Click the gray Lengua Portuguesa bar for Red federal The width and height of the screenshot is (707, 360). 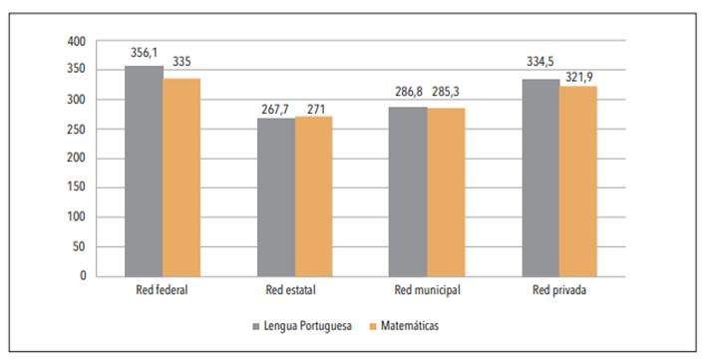(x=144, y=171)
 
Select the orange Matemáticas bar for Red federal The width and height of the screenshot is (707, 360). (x=181, y=177)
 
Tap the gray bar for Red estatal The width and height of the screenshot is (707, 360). (x=276, y=196)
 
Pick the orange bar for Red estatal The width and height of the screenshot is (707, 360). (x=313, y=195)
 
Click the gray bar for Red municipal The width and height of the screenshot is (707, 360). (x=408, y=190)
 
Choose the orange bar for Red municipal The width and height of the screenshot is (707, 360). (x=446, y=191)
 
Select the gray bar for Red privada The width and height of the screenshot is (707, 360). (x=540, y=177)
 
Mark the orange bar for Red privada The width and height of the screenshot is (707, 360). (x=578, y=180)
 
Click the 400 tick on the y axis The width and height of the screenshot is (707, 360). (x=77, y=42)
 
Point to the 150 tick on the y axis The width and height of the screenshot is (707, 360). (x=77, y=187)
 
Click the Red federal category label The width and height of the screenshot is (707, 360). (x=163, y=291)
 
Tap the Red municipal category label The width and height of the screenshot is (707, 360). (x=427, y=291)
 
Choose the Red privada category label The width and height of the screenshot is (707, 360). (x=559, y=291)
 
